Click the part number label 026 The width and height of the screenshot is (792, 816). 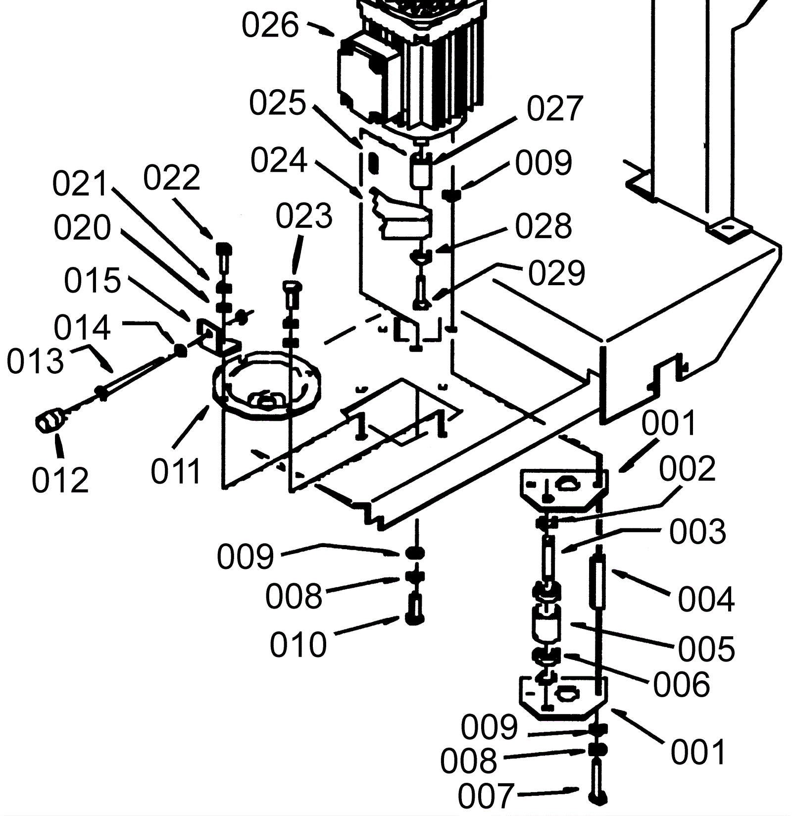270,25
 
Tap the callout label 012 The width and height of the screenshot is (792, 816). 60,479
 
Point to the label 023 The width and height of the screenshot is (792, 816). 304,216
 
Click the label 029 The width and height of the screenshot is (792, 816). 557,273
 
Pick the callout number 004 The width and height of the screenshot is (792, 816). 706,599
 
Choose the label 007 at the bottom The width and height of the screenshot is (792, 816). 486,796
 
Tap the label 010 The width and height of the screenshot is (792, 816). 298,644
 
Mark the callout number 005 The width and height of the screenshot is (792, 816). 706,649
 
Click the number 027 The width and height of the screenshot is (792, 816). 555,109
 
